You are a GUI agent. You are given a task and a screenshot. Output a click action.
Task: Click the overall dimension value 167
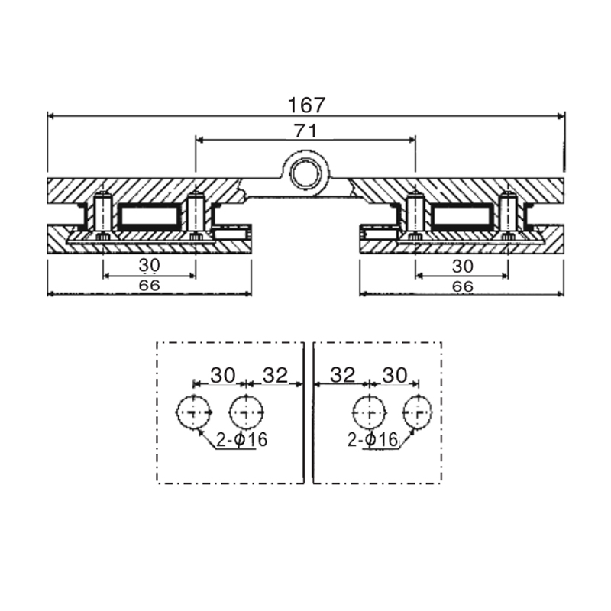click(x=306, y=104)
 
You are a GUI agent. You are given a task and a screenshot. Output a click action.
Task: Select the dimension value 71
click(x=305, y=130)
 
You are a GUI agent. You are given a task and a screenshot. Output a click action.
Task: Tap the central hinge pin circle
click(x=306, y=172)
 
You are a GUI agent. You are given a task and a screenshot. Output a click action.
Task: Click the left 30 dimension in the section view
click(x=149, y=265)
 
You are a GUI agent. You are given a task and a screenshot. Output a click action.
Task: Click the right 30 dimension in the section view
click(x=462, y=265)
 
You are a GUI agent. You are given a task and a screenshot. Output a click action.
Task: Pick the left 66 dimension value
click(x=149, y=286)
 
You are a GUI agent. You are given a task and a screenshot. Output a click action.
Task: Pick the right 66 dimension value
click(x=462, y=286)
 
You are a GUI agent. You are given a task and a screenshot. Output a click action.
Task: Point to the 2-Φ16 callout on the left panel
click(x=242, y=441)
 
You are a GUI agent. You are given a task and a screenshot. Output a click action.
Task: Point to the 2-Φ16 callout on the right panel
click(x=371, y=440)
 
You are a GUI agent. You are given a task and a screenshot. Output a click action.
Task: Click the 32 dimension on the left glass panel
click(x=274, y=374)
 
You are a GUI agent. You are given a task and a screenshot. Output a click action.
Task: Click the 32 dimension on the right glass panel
click(x=344, y=374)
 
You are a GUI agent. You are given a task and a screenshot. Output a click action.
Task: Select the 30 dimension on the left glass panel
click(x=223, y=374)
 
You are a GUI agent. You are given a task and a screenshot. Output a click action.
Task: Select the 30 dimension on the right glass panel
click(x=395, y=374)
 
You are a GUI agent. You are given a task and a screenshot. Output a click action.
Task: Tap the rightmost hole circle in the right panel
click(x=419, y=413)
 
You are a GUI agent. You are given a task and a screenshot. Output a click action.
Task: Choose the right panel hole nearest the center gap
click(x=368, y=413)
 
